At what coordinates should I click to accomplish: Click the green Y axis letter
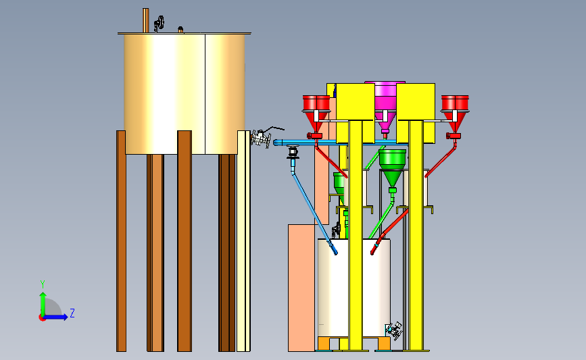click(x=43, y=284)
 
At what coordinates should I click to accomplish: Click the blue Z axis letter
click(x=72, y=313)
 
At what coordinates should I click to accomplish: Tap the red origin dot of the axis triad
click(x=42, y=318)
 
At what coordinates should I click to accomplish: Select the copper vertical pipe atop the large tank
click(x=145, y=20)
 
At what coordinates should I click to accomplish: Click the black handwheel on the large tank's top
click(x=160, y=24)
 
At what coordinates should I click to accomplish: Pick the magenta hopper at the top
click(x=386, y=107)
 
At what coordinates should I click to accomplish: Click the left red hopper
click(x=316, y=112)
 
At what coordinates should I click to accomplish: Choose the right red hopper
click(x=455, y=112)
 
